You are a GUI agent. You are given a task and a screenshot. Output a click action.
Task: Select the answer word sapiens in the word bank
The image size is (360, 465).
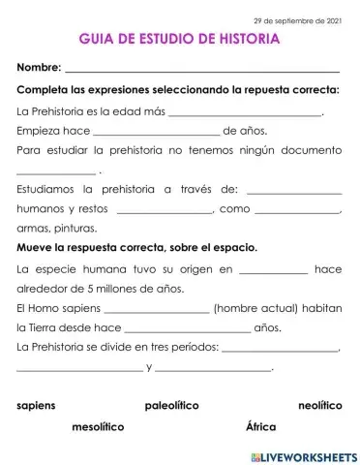click(37, 404)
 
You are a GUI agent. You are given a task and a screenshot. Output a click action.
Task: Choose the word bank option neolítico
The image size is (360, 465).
click(320, 404)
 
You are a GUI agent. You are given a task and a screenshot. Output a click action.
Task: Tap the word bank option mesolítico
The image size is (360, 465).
click(98, 426)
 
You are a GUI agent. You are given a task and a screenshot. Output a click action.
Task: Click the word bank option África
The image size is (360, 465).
click(261, 426)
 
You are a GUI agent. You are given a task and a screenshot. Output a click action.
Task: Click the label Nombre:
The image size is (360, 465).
click(39, 68)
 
